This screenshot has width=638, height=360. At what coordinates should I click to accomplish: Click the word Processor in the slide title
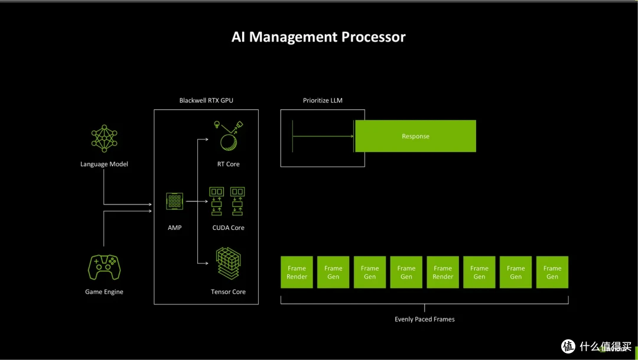(373, 37)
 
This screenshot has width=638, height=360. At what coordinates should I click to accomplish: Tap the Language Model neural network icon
(104, 138)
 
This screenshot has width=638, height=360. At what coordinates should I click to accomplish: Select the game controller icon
(104, 267)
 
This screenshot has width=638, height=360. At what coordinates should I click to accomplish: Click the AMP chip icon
(174, 201)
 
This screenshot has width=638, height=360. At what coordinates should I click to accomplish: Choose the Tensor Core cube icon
(228, 263)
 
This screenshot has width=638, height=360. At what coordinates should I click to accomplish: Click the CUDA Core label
(228, 228)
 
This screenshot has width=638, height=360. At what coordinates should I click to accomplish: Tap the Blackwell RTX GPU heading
(206, 100)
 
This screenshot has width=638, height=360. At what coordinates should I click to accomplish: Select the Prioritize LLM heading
(323, 100)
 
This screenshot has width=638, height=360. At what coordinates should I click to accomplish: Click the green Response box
(415, 136)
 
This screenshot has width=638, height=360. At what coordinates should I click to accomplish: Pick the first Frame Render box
(297, 272)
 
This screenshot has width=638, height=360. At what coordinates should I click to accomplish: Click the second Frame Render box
(442, 272)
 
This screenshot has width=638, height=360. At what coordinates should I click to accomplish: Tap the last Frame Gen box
(552, 272)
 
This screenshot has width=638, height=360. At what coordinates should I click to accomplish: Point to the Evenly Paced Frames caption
(424, 319)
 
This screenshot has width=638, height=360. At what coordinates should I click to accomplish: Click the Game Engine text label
(104, 291)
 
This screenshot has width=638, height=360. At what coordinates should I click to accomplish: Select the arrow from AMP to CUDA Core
(197, 201)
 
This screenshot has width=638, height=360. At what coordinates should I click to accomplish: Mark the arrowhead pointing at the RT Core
(206, 140)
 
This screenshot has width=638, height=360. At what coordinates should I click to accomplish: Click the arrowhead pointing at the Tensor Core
(206, 263)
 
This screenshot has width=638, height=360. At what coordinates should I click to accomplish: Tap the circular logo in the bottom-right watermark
(568, 346)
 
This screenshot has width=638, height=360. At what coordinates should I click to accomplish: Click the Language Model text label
(104, 164)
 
